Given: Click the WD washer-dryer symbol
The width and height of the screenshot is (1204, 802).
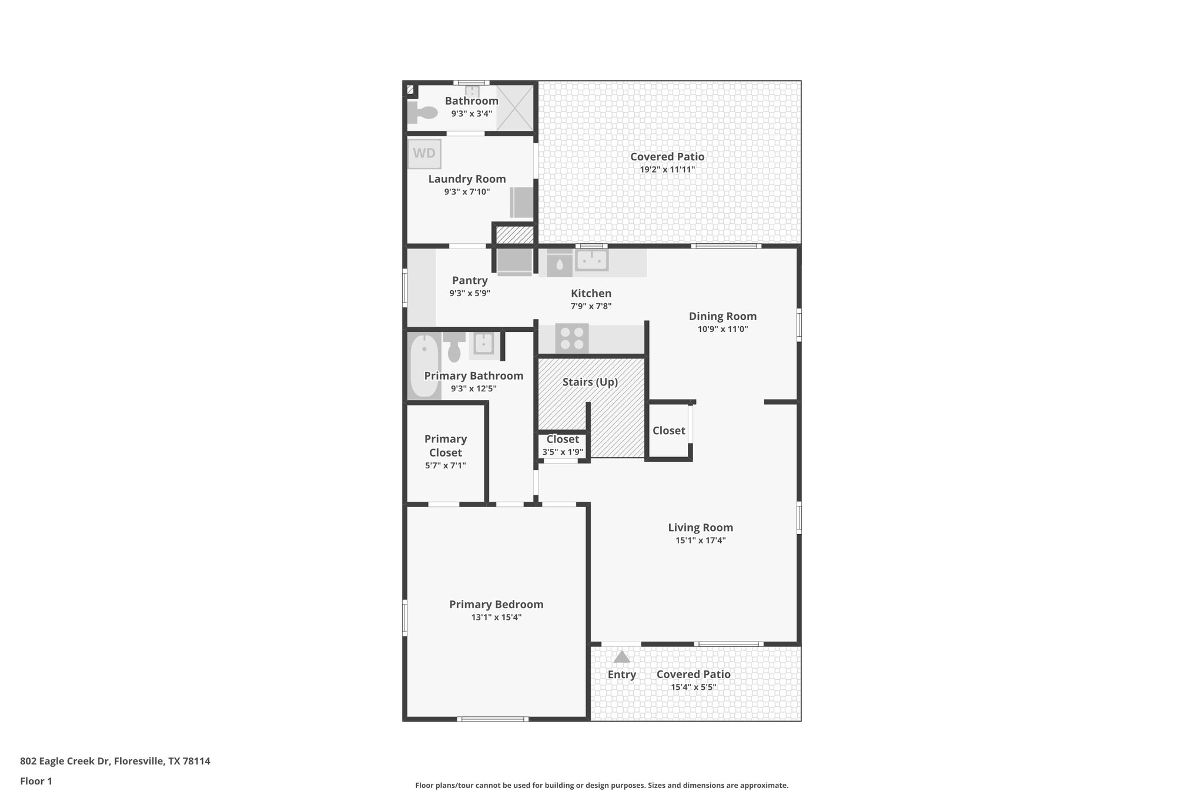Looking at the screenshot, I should coord(424,154).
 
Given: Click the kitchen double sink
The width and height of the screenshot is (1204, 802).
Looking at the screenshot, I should coord(591,259).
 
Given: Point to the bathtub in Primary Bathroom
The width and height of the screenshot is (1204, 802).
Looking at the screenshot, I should coord(423,365).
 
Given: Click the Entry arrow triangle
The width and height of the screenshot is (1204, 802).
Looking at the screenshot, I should coord(621,657).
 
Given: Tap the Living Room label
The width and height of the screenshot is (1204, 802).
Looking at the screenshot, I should coord(700,528).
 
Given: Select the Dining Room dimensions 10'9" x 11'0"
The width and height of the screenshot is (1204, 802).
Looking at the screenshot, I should coord(723,330).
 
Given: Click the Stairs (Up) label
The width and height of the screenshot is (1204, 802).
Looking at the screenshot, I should coord(590,382).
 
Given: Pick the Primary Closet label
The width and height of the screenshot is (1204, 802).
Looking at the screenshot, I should coord(446,445).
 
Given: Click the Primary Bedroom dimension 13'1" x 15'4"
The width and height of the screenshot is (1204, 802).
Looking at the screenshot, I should coord(496,618).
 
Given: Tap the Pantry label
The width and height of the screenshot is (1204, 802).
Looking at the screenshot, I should coord(469,281).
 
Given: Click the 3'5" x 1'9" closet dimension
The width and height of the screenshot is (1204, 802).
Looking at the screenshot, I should coord(563,452).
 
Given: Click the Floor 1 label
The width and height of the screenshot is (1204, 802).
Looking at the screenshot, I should coord(36,781).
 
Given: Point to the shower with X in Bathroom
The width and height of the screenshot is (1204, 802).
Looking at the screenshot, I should coord(516,108).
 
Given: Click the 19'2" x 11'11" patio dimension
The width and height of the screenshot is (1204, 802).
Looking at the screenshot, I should coord(667,170).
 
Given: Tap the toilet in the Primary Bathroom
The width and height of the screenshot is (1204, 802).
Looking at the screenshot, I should coord(454,347).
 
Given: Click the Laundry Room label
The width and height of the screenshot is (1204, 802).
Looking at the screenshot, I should coord(467,179).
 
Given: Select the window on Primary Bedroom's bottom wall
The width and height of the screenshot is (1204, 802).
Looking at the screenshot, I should coord(493,719).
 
